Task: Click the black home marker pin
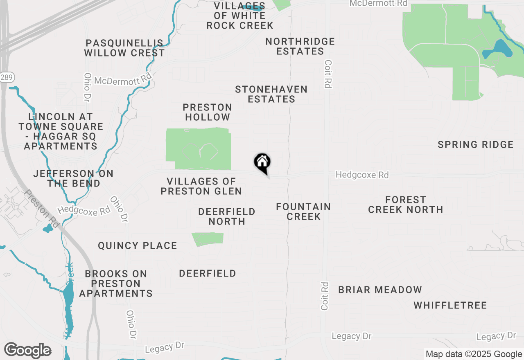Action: click(x=262, y=162)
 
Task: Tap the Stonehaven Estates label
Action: click(x=271, y=94)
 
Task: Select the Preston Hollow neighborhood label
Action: click(x=207, y=112)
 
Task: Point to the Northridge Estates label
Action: click(x=300, y=46)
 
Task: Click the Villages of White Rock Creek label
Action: click(x=239, y=16)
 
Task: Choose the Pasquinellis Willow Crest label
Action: click(x=124, y=48)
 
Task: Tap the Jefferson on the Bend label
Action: click(x=74, y=178)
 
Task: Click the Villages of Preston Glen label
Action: click(x=201, y=186)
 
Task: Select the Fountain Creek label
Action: click(x=303, y=211)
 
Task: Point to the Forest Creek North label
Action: click(x=405, y=205)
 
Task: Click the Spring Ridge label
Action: click(x=475, y=144)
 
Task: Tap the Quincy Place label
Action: click(x=138, y=245)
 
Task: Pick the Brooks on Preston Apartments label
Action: click(x=116, y=283)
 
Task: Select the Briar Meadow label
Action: click(x=380, y=290)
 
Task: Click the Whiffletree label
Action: click(x=450, y=305)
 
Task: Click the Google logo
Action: click(x=27, y=350)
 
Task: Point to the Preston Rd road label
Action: click(x=42, y=209)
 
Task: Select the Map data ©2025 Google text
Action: click(x=474, y=354)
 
